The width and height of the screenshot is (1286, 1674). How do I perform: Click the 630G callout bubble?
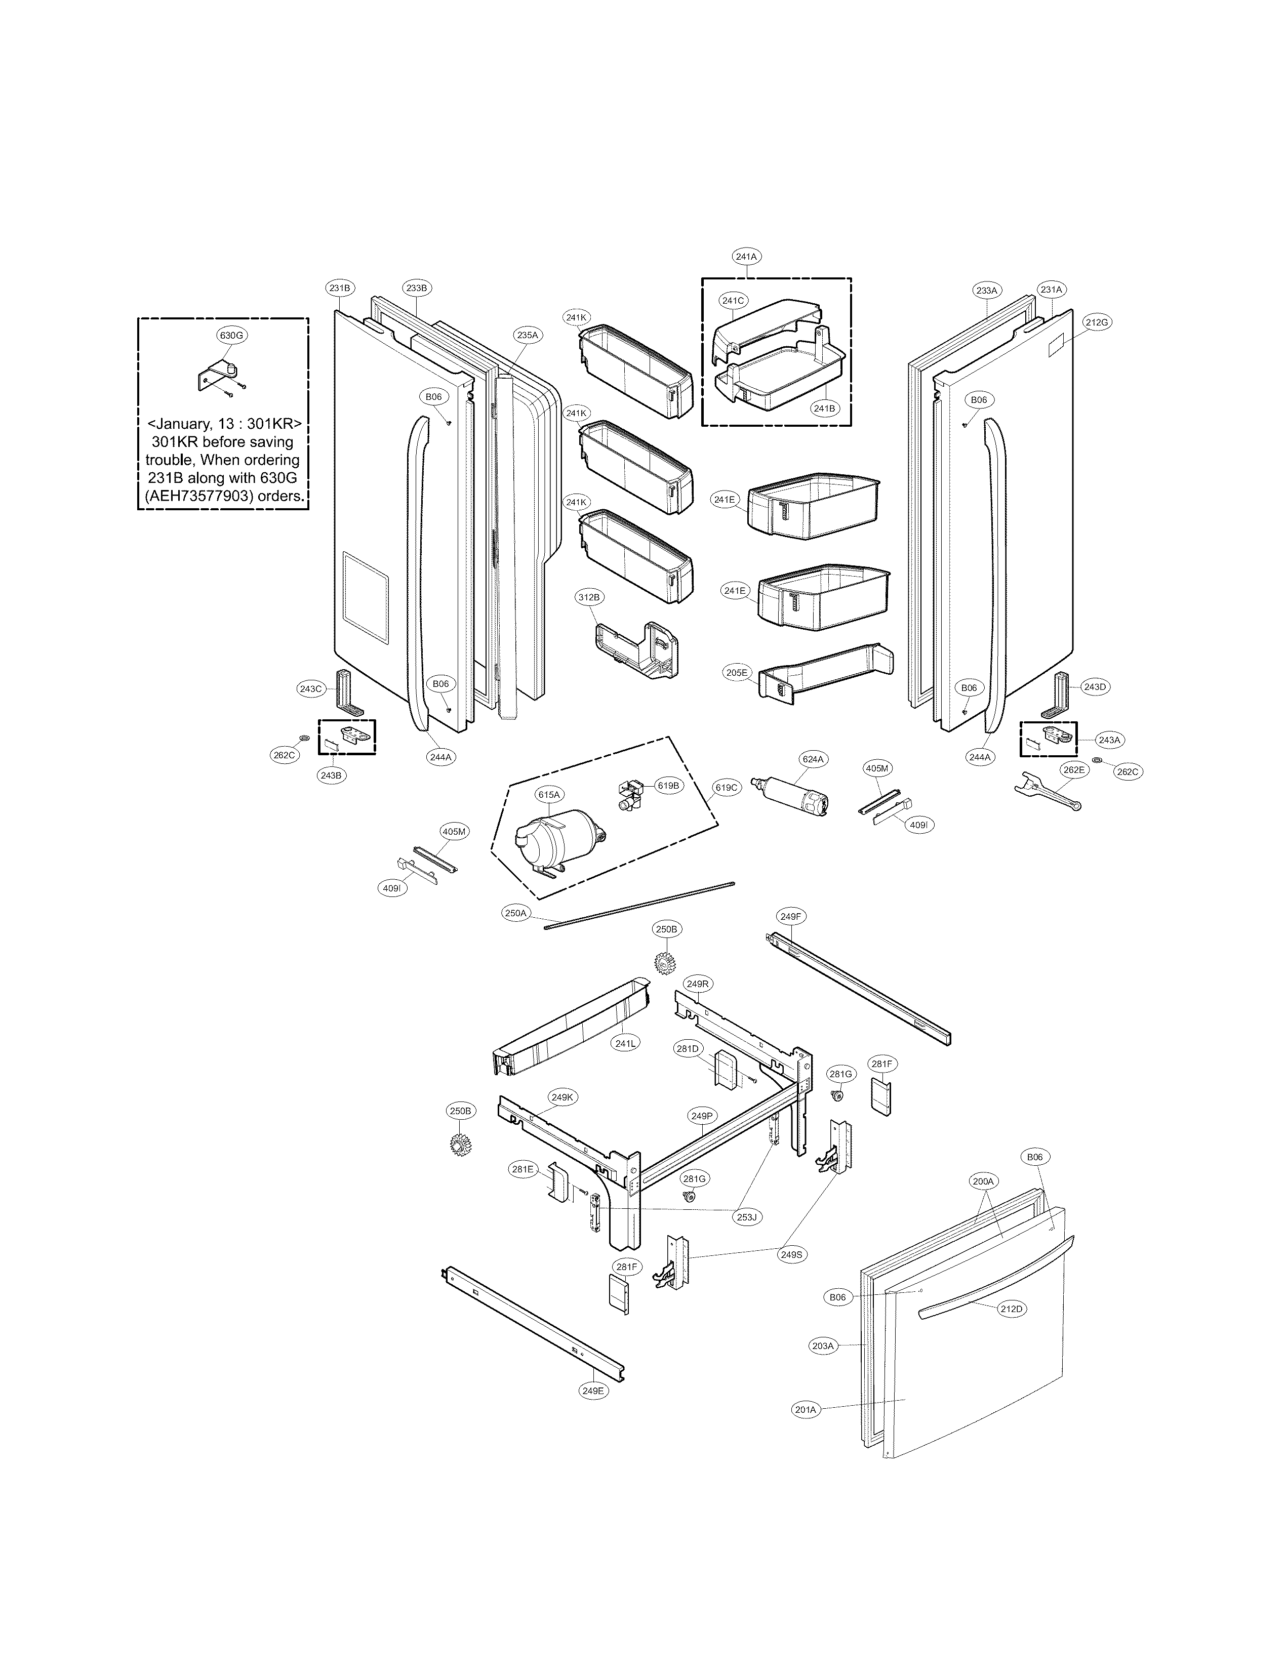tap(233, 335)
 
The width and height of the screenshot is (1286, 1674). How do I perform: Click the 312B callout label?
tap(590, 596)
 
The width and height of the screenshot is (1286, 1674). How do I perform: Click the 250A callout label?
tap(516, 913)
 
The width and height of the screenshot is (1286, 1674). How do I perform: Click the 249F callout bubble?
tap(791, 916)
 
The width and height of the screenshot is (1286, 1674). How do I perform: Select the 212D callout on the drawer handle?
tap(1011, 1309)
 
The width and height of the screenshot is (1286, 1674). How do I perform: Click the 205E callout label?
tap(736, 672)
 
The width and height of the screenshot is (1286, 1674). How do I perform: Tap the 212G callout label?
tap(1096, 322)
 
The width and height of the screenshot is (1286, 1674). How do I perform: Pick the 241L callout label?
tap(625, 1043)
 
